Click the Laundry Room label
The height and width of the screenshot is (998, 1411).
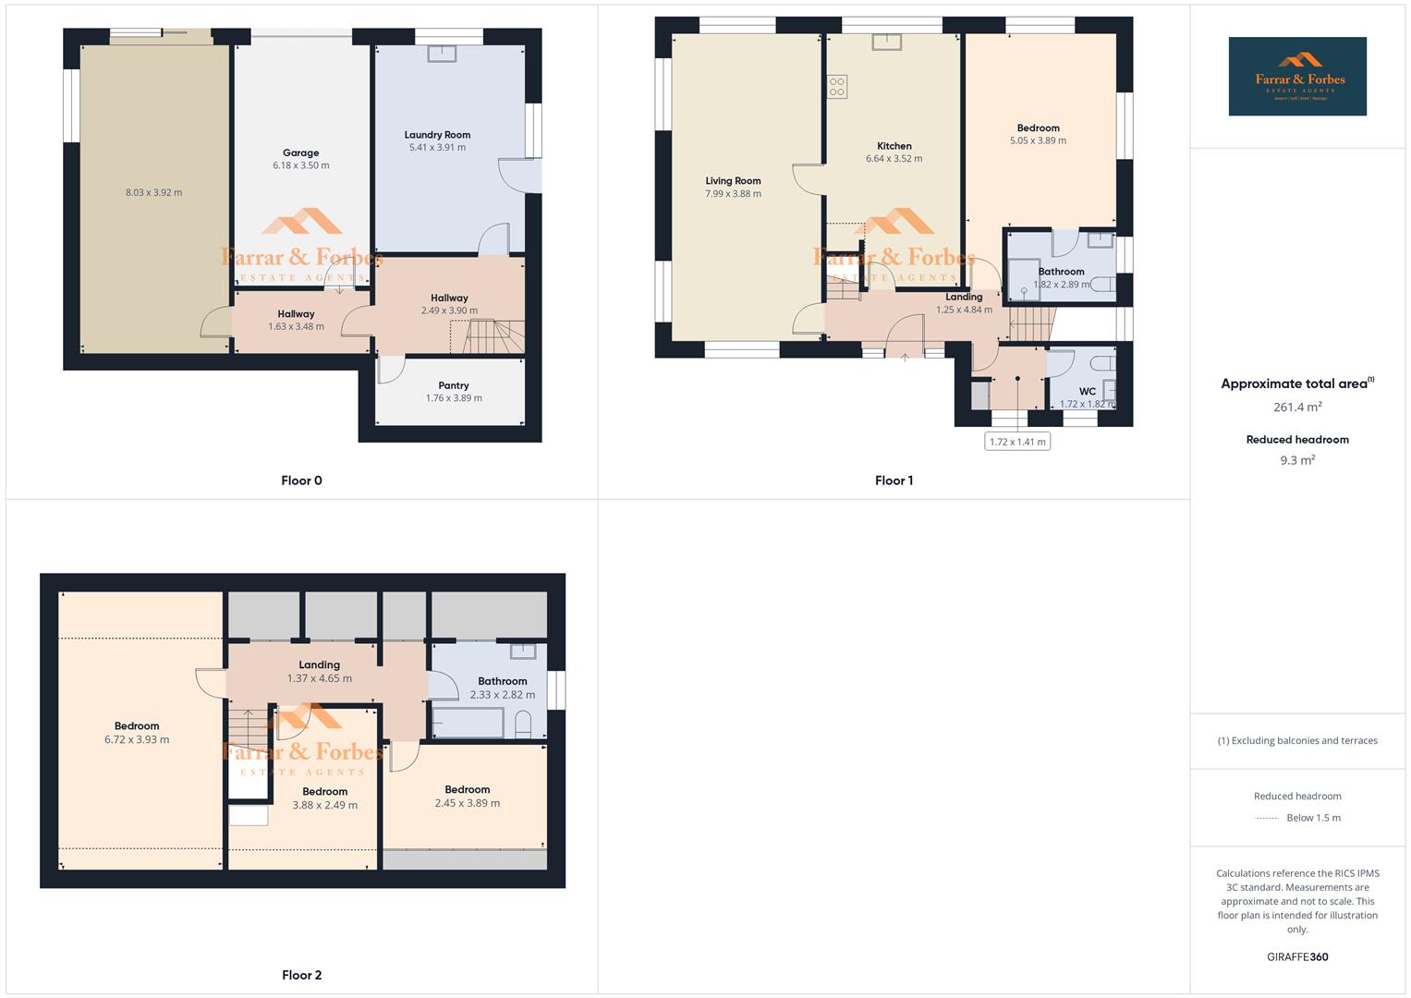click(437, 135)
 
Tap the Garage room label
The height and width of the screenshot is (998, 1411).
click(300, 153)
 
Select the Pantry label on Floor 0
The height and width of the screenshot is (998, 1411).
click(454, 385)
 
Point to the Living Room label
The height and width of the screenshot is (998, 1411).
click(733, 181)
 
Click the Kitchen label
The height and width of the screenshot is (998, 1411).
click(894, 146)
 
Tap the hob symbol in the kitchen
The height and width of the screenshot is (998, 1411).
click(837, 87)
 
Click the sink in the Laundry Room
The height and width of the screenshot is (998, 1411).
click(442, 53)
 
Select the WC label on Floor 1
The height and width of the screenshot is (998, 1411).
click(1087, 392)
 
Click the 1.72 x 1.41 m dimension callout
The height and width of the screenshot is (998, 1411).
click(1017, 442)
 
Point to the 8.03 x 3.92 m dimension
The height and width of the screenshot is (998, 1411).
click(153, 193)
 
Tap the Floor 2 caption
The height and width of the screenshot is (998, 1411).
click(302, 975)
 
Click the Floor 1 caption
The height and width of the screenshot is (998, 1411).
click(894, 481)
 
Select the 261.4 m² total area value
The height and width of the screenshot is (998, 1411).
click(1297, 408)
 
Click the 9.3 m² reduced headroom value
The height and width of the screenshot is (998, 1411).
click(1297, 460)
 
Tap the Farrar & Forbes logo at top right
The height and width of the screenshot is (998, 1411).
click(1297, 77)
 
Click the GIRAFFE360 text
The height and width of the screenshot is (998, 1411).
click(1297, 957)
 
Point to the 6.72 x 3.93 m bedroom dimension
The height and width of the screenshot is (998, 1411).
click(137, 739)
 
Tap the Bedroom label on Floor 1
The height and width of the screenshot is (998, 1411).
click(1038, 128)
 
